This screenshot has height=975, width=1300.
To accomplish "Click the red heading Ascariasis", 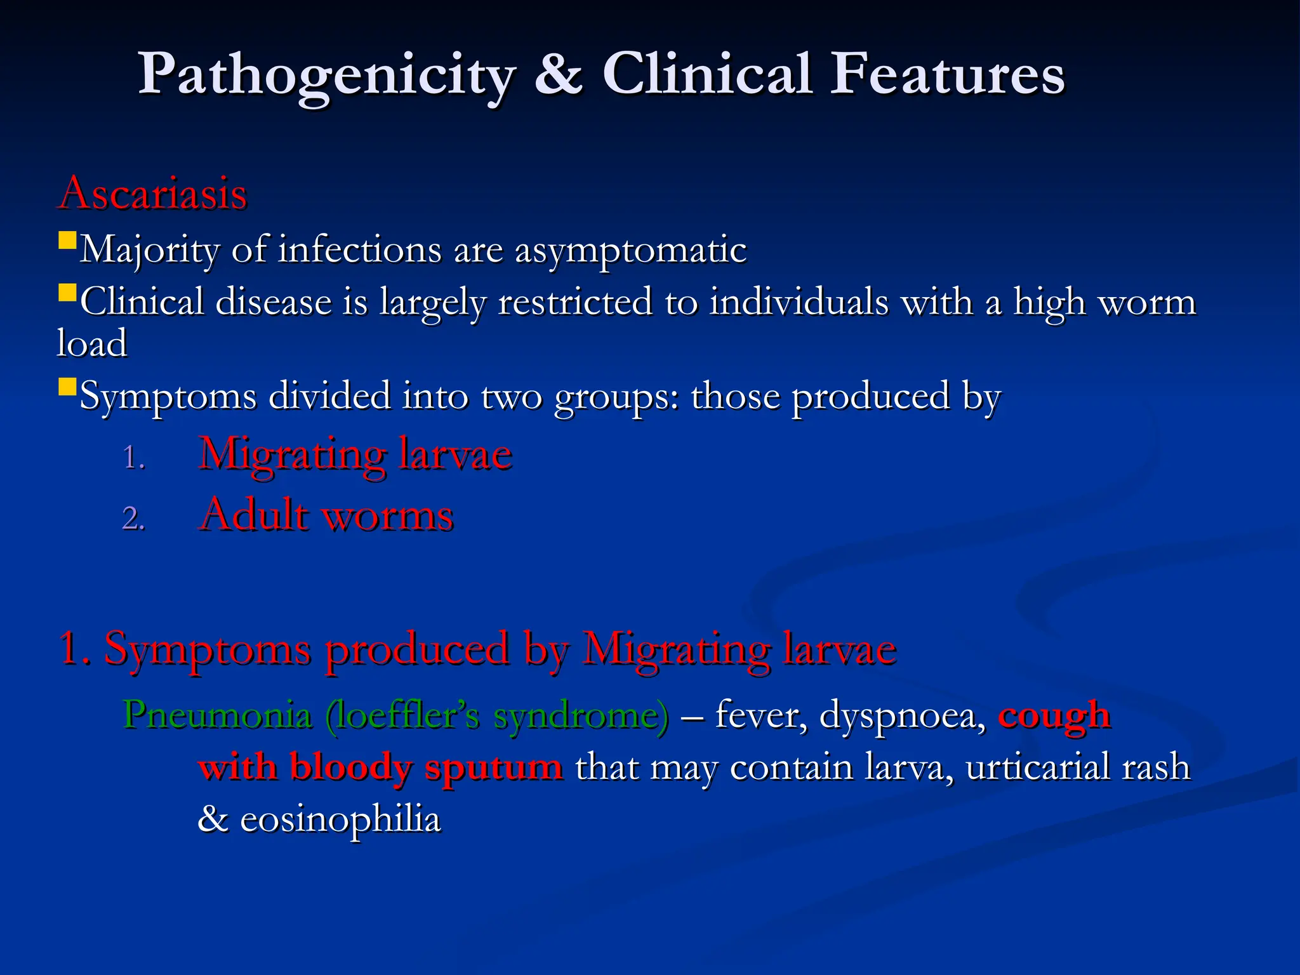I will click(x=152, y=193).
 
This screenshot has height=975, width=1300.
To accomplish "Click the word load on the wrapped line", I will click(x=92, y=343).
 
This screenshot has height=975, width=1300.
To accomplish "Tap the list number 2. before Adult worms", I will click(x=134, y=519).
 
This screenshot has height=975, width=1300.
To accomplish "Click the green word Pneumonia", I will click(x=218, y=716).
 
